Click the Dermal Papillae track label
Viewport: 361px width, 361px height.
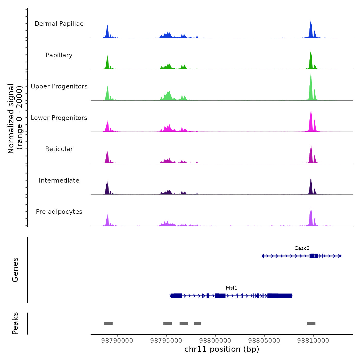tap(59, 24)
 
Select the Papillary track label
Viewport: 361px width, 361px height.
tap(59, 55)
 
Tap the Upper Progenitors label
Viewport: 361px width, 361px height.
tap(59, 86)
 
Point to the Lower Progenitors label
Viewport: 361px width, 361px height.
tap(59, 118)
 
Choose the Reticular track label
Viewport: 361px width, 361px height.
tap(59, 149)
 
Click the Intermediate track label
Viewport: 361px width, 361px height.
tap(59, 180)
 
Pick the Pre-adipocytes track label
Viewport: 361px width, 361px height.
tap(59, 212)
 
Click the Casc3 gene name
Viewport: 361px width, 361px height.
tap(302, 248)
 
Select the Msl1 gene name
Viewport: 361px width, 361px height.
tap(232, 288)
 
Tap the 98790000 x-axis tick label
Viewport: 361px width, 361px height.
tap(117, 341)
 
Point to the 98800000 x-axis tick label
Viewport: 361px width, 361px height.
tap(215, 341)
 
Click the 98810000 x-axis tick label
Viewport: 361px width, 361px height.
tap(313, 341)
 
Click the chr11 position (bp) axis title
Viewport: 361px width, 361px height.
tap(222, 349)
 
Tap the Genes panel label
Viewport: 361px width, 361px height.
tap(15, 270)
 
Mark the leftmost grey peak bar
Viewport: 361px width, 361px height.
tap(108, 324)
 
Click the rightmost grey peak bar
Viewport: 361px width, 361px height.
tap(311, 324)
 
